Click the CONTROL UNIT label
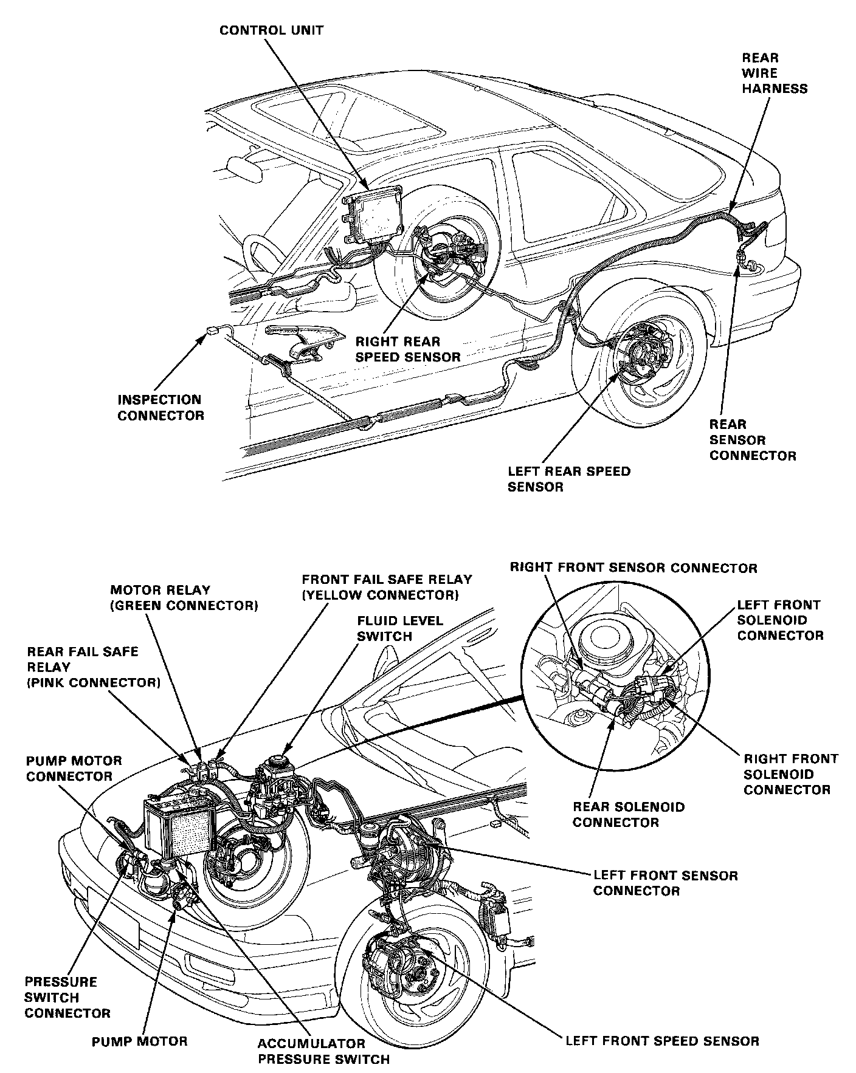[x=271, y=30]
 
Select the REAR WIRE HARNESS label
[x=774, y=74]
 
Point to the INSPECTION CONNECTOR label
[x=161, y=408]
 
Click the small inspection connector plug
[x=213, y=331]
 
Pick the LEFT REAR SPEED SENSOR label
[x=569, y=479]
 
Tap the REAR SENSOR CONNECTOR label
[x=752, y=440]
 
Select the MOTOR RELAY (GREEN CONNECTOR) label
[x=184, y=598]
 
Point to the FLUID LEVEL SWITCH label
[x=400, y=629]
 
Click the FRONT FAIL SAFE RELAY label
[x=387, y=588]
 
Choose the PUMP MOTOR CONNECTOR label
[x=74, y=769]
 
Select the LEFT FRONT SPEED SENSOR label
[x=662, y=1041]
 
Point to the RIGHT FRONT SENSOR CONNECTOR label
[x=633, y=568]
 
